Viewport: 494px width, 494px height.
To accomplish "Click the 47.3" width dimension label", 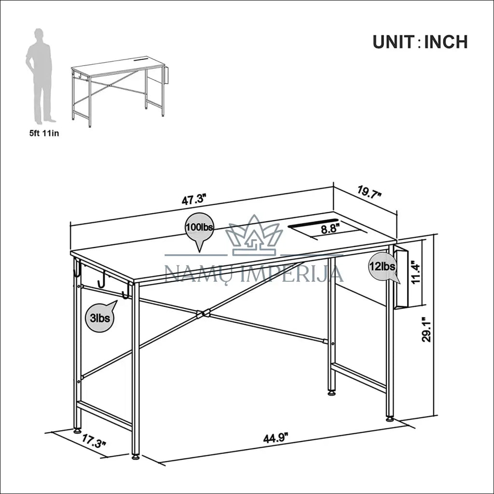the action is click(194, 200).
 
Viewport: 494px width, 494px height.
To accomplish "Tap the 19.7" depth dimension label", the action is click(369, 191).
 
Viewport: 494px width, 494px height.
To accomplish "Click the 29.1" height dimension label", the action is click(426, 329).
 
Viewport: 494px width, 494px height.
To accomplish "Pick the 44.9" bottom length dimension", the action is click(276, 438).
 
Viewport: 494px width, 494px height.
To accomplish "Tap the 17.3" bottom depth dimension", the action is click(94, 441).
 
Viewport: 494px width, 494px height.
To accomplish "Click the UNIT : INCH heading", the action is click(420, 42).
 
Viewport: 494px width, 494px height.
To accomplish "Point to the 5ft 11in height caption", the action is click(44, 133).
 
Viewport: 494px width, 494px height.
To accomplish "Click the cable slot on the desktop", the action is click(313, 222).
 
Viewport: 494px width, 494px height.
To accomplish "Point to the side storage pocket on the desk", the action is click(401, 278).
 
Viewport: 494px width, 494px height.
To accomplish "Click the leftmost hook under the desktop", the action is click(78, 270).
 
